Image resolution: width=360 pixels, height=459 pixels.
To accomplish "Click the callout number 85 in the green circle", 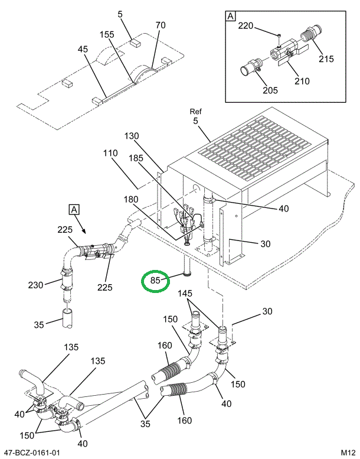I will click(155, 281).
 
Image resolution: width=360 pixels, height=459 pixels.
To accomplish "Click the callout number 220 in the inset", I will click(246, 26).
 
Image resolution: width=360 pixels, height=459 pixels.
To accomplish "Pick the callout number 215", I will click(326, 58).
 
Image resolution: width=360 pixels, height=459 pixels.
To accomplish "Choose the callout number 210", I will click(302, 81).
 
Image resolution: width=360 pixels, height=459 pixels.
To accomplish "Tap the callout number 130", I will click(132, 136).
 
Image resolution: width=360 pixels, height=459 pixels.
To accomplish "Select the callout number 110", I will click(111, 154).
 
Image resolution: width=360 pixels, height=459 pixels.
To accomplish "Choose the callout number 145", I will click(185, 294).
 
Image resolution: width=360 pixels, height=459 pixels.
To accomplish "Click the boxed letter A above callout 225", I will click(74, 209).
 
